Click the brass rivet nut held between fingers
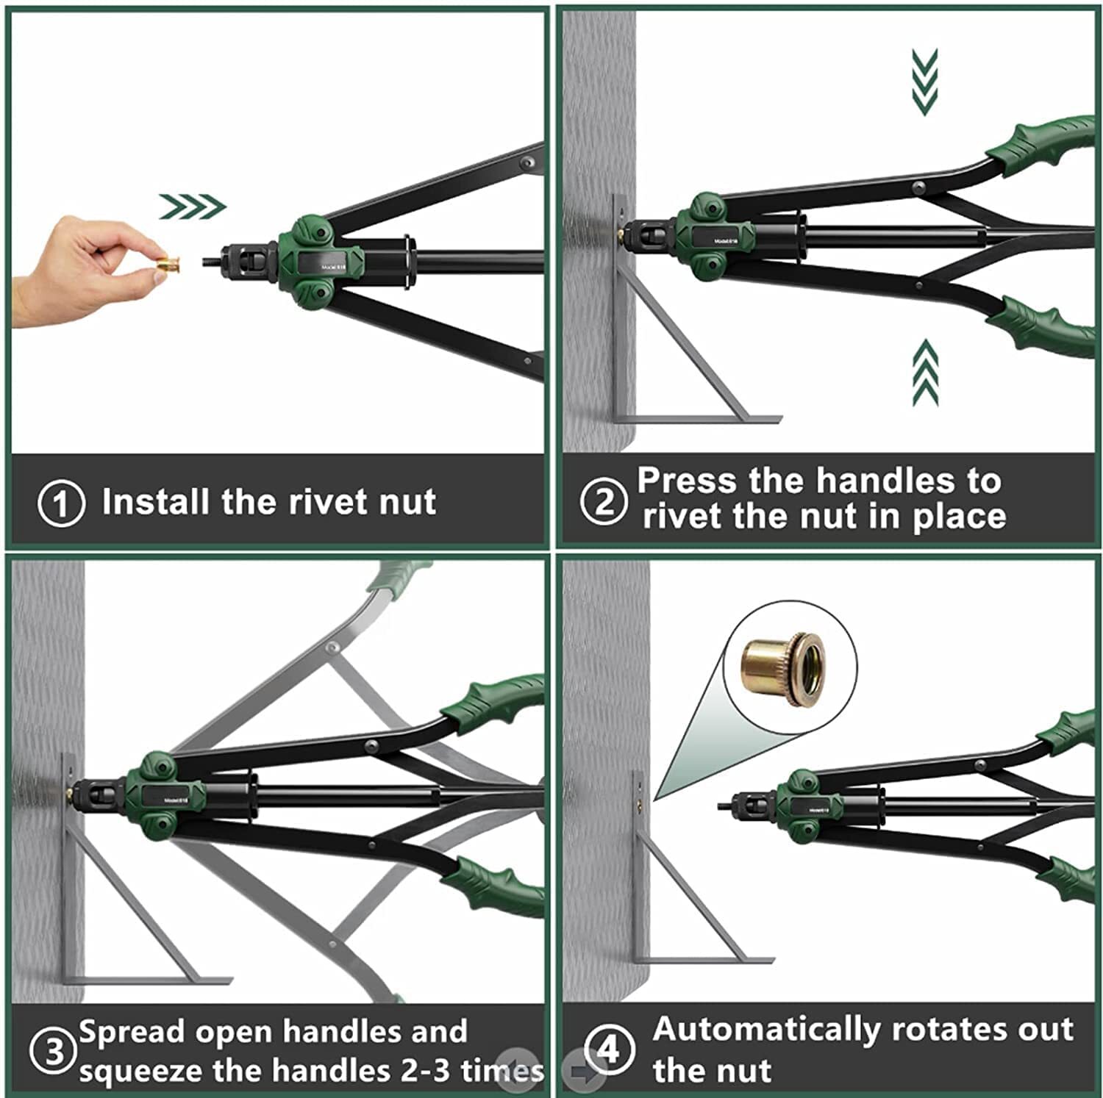170,263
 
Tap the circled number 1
61,503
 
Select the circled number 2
604,502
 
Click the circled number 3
54,1052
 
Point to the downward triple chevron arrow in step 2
924,82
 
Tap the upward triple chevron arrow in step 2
925,373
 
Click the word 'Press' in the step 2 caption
687,481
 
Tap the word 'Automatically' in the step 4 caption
765,1030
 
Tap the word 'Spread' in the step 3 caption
132,1033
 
